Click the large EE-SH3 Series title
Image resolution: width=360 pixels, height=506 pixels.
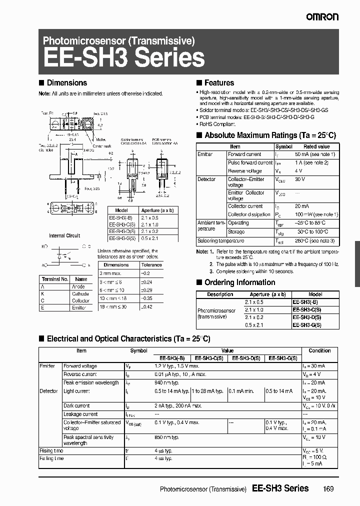pyautogui.click(x=124, y=58)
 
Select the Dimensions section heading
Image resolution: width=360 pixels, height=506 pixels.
pyautogui.click(x=66, y=83)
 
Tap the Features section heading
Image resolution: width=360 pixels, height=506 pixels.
pyautogui.click(x=219, y=83)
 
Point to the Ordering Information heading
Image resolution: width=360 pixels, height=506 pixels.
pyautogui.click(x=239, y=282)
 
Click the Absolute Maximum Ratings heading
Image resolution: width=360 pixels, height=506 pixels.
pyautogui.click(x=270, y=135)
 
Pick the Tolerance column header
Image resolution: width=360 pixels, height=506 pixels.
pyautogui.click(x=151, y=265)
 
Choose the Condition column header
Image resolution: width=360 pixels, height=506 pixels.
pyautogui.click(x=319, y=351)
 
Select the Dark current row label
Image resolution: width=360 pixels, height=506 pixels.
pyautogui.click(x=76, y=406)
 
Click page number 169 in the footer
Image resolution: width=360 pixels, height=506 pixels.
pyautogui.click(x=328, y=488)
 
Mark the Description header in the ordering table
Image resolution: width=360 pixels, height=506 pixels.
pyautogui.click(x=220, y=295)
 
